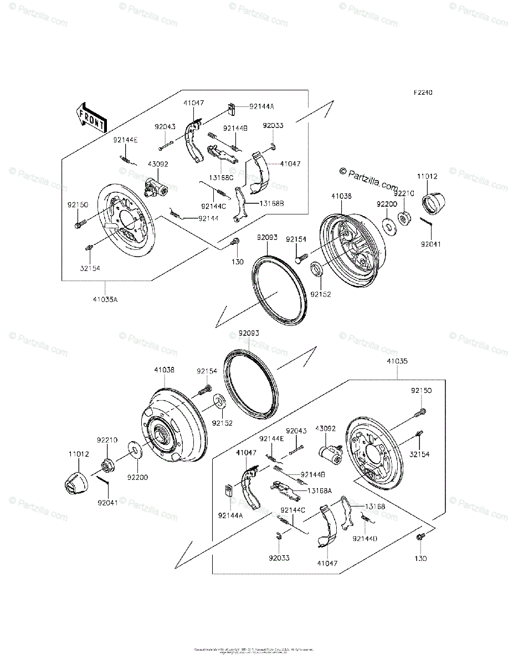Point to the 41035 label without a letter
click(398, 361)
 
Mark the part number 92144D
click(365, 538)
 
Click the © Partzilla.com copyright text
click(369, 179)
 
